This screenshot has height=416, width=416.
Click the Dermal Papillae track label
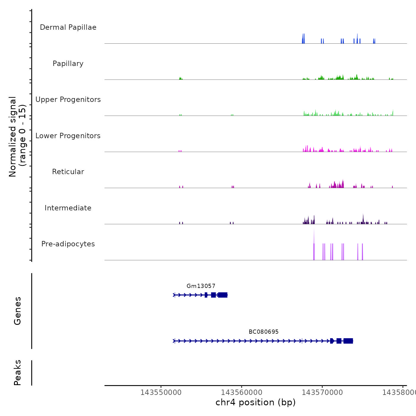click(68, 27)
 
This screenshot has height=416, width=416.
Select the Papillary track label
click(68, 64)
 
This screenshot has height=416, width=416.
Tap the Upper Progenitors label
click(68, 100)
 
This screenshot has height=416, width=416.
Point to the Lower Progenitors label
click(68, 136)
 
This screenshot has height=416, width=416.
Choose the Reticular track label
click(68, 172)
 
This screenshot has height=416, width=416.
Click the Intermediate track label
click(68, 208)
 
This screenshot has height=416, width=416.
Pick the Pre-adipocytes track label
click(68, 244)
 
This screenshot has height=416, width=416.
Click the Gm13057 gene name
click(201, 286)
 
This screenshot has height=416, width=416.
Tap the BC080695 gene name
click(264, 332)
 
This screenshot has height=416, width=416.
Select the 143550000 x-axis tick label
click(161, 393)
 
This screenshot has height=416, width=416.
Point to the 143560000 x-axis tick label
click(242, 393)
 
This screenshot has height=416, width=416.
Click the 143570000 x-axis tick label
click(322, 393)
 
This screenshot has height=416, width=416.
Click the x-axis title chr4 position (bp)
click(256, 402)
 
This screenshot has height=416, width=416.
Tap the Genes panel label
click(18, 311)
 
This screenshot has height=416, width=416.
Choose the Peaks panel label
click(18, 373)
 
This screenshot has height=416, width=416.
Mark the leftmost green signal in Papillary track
click(180, 78)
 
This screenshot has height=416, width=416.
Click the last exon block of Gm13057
click(223, 295)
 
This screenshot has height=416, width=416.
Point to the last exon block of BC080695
click(348, 341)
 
